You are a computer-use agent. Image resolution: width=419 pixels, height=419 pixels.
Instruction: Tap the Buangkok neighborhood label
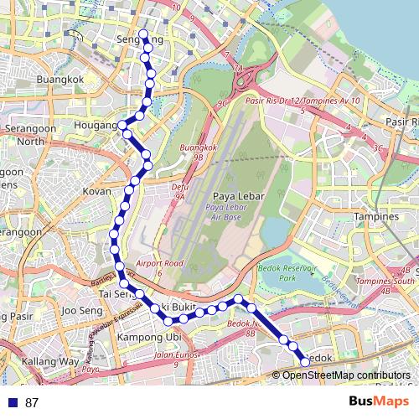tap(60, 80)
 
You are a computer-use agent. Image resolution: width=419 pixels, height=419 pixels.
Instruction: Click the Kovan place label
tap(96, 191)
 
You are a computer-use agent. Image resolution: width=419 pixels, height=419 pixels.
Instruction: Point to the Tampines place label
tap(377, 216)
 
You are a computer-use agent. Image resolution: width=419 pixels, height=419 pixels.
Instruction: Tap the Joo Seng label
tap(81, 311)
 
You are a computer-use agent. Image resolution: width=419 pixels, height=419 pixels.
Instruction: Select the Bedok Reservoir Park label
tap(299, 271)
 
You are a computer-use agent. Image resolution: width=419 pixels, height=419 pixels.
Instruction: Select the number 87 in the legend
tap(32, 402)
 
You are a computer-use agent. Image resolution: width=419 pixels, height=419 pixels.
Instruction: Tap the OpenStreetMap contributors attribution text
tap(345, 375)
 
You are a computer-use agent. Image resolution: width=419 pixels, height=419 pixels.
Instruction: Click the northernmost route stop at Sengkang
tap(143, 35)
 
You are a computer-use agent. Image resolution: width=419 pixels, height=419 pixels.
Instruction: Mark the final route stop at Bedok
tap(305, 361)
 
